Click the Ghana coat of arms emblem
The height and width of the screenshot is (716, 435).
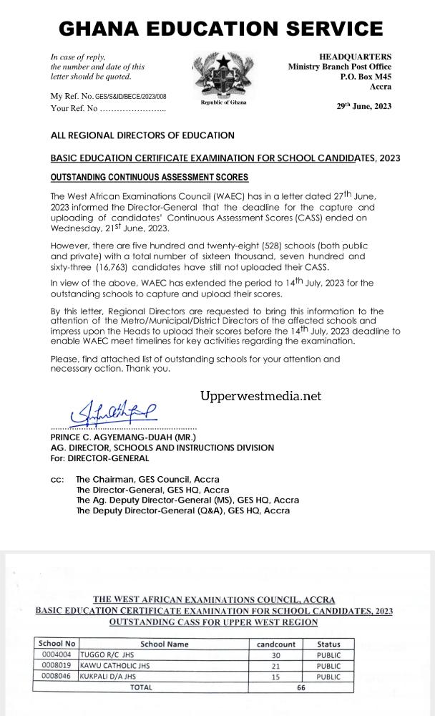point(220,75)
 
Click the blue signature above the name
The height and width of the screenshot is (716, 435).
point(113,412)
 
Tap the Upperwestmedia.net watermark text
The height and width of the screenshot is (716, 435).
point(260,396)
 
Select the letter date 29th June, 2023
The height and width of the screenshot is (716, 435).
point(364,107)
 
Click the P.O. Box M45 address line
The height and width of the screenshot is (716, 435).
point(366,77)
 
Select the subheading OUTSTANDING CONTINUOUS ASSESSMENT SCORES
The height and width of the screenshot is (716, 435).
point(150,177)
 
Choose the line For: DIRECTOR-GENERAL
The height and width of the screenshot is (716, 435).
point(100,458)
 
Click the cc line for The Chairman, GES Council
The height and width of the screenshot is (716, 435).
point(147,479)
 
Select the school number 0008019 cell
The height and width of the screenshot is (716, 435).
point(57,665)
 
